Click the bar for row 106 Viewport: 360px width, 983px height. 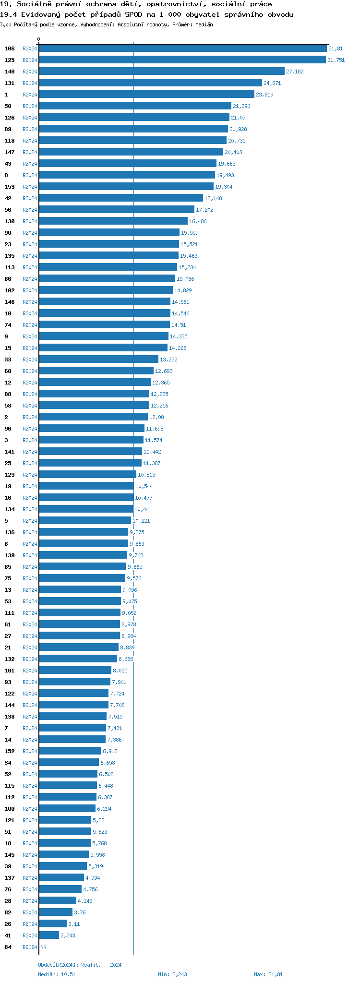click(182, 48)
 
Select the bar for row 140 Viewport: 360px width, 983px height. click(161, 72)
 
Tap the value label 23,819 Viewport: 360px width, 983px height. click(264, 95)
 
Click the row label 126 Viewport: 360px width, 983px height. click(10, 118)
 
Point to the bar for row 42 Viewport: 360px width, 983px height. click(120, 198)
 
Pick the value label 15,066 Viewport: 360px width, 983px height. click(185, 279)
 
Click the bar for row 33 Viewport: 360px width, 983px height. click(98, 360)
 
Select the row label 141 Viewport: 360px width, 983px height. click(10, 452)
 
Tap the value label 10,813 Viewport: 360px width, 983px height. click(146, 475)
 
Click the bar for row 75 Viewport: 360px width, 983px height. click(82, 578)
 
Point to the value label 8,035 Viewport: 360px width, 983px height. click(120, 671)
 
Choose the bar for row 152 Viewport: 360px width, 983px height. click(70, 751)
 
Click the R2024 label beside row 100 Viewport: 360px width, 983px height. click(30, 809)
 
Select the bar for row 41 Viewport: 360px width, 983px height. click(49, 935)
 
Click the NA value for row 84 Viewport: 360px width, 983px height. click(43, 947)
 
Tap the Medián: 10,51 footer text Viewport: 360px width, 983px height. click(57, 974)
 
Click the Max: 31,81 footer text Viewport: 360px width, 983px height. click(268, 974)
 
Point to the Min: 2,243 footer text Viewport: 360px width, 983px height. click(172, 974)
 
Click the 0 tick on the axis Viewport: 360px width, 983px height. click(39, 39)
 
